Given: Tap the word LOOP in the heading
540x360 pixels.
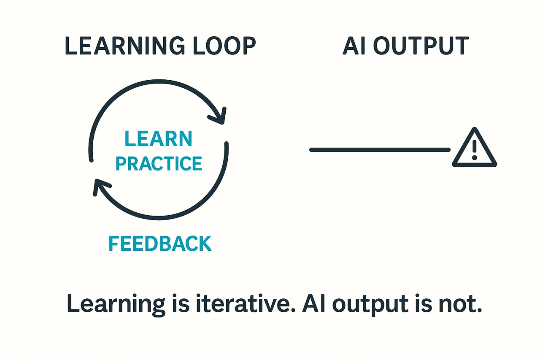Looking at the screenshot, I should click(x=227, y=46).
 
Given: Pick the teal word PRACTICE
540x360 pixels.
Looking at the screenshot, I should click(x=159, y=163).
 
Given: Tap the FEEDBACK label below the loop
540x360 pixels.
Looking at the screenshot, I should click(x=160, y=244).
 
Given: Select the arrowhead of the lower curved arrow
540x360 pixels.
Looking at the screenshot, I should click(x=100, y=187).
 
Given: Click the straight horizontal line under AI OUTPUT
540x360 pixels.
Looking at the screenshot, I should click(x=380, y=149).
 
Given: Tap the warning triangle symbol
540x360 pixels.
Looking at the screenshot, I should click(x=474, y=148).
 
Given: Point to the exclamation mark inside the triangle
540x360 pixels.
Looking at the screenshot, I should click(x=475, y=149).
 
